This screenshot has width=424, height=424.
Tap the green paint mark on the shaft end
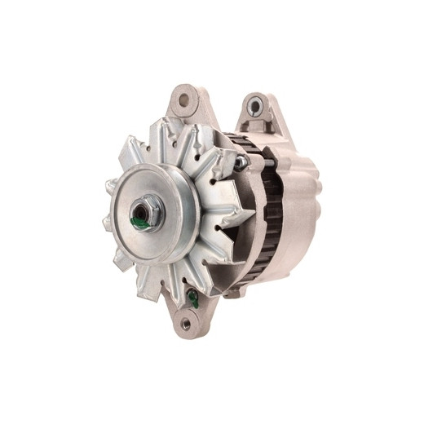[x=140, y=220]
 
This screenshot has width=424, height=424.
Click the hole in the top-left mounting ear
[x=183, y=100]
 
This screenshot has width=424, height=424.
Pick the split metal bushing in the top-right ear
[x=255, y=105]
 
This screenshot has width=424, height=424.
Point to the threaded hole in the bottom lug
[x=187, y=323]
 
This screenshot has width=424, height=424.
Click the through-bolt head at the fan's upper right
[x=241, y=162]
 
